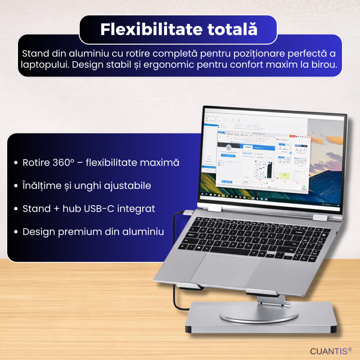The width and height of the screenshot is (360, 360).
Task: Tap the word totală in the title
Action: (227, 30)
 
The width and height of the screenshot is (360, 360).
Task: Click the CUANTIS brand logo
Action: (326, 351)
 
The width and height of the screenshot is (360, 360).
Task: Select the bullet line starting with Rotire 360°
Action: (101, 163)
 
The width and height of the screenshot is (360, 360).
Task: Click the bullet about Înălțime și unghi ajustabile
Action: (86, 186)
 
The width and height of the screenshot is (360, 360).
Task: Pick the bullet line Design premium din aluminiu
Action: (93, 232)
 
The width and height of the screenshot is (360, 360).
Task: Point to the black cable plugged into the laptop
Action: (175, 230)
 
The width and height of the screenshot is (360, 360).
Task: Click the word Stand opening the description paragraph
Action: (35, 54)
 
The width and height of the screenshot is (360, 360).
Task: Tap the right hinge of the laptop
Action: (320, 218)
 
